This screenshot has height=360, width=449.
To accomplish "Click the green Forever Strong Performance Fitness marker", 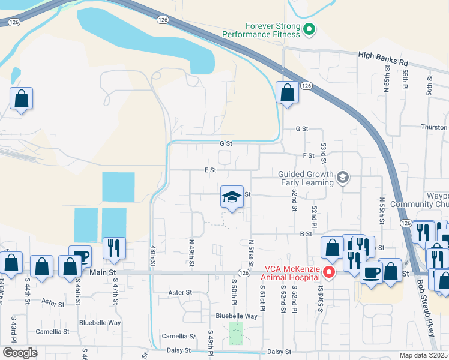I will click(x=309, y=28).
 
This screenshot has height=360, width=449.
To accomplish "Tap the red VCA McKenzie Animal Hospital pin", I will click(x=328, y=272).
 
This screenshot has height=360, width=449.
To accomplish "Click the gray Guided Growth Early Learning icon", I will click(x=342, y=177).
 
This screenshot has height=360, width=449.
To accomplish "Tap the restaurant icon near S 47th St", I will click(x=112, y=247).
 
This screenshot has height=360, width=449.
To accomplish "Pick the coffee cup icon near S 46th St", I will click(x=80, y=256).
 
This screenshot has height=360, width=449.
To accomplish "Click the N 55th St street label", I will click(x=382, y=211).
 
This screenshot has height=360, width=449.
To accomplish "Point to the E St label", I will click(x=209, y=170).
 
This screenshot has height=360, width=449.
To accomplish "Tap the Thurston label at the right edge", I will click(x=435, y=127).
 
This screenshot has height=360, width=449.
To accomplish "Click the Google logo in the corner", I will click(x=20, y=353).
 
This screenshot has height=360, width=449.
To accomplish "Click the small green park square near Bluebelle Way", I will click(x=236, y=334).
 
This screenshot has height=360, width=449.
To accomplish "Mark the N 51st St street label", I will click(x=251, y=253).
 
